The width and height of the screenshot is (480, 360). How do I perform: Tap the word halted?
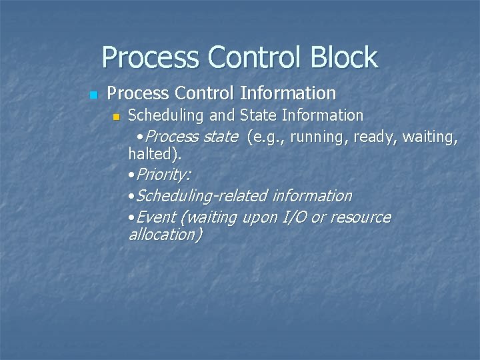click(152, 154)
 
